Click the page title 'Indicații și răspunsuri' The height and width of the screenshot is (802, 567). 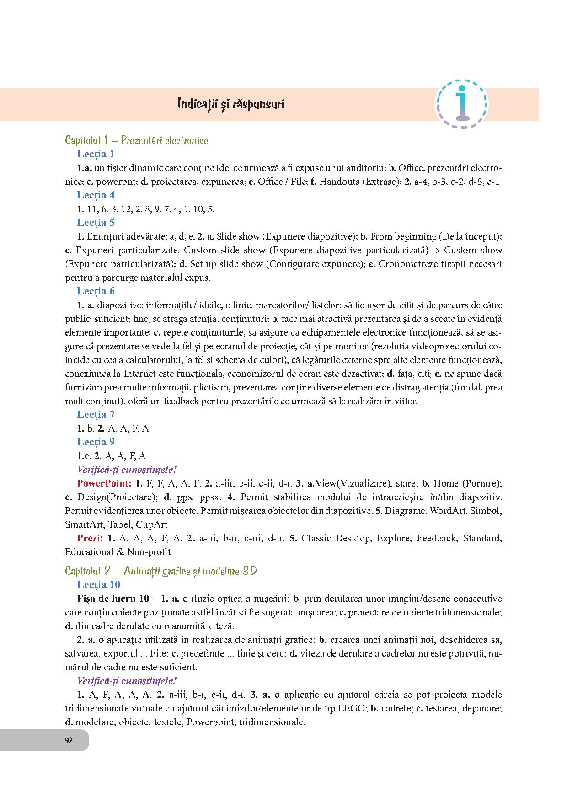point(231,104)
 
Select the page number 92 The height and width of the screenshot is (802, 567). point(69,741)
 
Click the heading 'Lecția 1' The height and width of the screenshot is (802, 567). point(96,154)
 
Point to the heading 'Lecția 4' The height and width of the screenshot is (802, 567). point(96,195)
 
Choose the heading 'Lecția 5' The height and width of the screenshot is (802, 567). point(96,223)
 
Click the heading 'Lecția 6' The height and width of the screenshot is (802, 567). point(96,291)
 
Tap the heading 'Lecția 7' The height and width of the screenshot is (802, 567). point(96,415)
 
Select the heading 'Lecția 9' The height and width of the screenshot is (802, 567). point(96,442)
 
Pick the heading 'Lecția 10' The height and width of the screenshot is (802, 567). point(98,585)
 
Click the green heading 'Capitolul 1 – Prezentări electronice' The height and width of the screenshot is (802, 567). point(136,140)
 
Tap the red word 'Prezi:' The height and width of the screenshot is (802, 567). point(89,538)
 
